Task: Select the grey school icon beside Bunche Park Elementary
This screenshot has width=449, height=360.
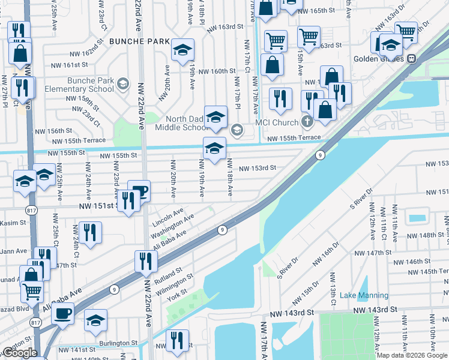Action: point(124,83)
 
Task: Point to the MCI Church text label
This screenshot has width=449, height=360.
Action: point(276,122)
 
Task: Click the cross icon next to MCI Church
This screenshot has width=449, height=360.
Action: point(307,122)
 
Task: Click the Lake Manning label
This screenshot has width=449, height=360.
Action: point(364,295)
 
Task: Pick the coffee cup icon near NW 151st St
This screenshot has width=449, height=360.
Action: point(139,191)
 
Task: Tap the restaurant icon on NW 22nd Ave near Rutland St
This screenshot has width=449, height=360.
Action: point(146,261)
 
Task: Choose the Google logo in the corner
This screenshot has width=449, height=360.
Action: point(20,353)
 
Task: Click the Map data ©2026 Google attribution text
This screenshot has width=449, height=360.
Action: point(412,355)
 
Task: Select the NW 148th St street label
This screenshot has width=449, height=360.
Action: point(423,235)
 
